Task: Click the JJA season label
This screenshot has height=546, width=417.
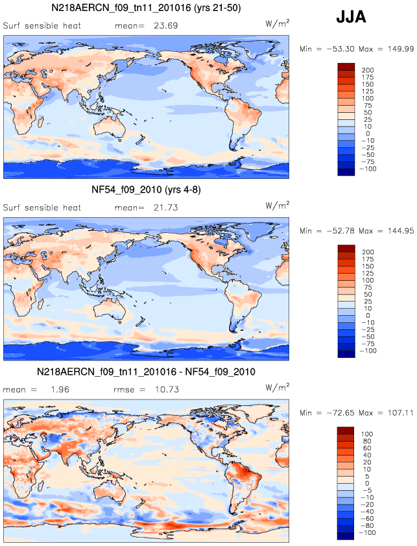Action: [351, 16]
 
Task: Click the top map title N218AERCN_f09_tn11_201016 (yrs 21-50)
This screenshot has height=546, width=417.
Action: [146, 8]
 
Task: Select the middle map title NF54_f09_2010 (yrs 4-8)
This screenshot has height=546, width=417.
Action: [146, 189]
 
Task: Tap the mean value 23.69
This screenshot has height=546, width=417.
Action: [166, 25]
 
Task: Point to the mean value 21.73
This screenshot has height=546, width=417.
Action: [166, 208]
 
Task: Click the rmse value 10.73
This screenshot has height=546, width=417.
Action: [167, 389]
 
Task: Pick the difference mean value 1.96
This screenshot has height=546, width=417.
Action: [60, 389]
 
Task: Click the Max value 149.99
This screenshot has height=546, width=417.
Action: [401, 49]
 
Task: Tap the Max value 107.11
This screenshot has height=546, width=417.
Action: [400, 413]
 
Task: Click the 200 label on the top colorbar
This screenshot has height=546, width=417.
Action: [368, 70]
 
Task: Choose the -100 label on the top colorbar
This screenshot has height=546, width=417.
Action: [368, 169]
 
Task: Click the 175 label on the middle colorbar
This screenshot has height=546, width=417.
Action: [368, 259]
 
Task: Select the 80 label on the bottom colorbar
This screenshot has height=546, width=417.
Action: [367, 441]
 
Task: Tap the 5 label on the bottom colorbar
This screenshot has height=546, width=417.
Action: [367, 477]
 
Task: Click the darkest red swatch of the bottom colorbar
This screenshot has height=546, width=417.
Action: [346, 431]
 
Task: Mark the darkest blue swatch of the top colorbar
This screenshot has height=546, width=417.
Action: [346, 172]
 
